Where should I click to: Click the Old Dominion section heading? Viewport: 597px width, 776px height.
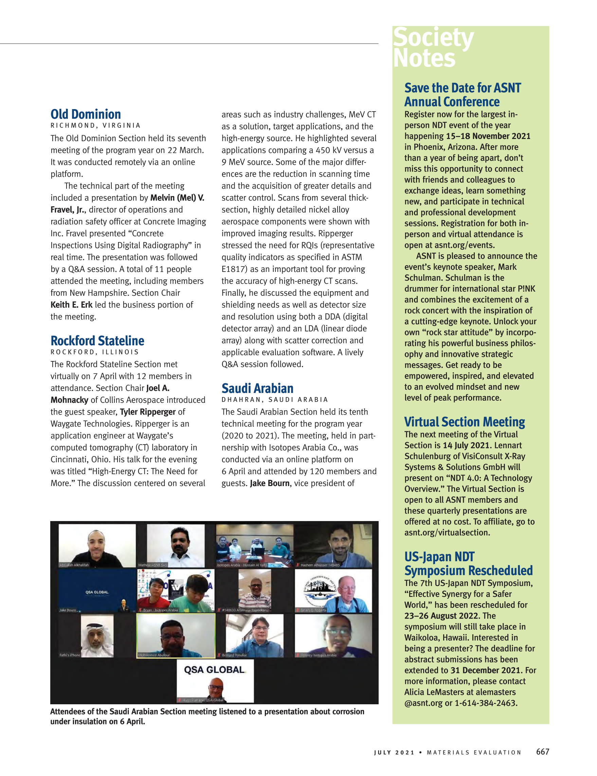pyautogui.click(x=86, y=115)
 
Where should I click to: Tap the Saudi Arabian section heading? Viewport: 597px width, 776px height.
pyautogui.click(x=257, y=389)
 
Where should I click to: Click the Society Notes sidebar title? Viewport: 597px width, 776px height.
pyautogui.click(x=433, y=48)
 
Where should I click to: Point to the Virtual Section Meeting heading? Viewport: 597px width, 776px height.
pyautogui.click(x=464, y=422)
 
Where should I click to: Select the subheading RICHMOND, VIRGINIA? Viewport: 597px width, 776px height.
pyautogui.click(x=95, y=125)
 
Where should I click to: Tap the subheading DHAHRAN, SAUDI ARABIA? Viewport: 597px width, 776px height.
pyautogui.click(x=274, y=400)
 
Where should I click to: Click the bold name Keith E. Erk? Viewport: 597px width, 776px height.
pyautogui.click(x=71, y=305)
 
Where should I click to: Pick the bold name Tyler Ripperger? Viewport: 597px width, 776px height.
pyautogui.click(x=148, y=412)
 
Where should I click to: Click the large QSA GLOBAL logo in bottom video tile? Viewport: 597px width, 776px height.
pyautogui.click(x=215, y=670)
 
